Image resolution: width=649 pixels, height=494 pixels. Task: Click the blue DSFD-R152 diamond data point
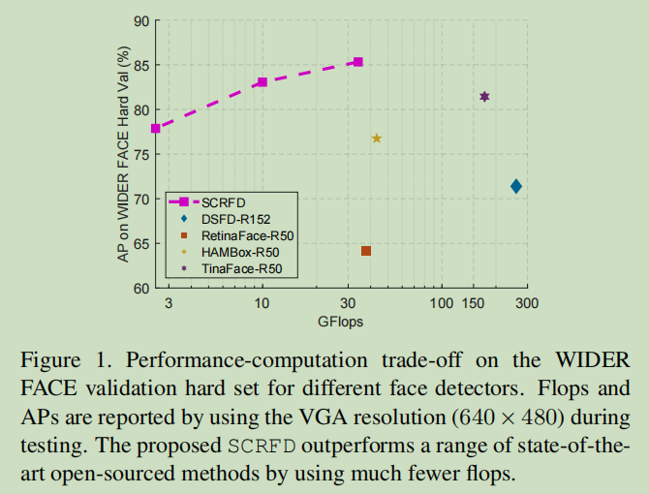pos(516,186)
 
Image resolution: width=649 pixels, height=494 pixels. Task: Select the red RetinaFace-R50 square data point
pos(366,251)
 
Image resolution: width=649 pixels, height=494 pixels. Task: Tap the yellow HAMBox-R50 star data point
pos(377,139)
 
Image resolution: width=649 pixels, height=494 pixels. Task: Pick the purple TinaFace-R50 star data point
pos(484,97)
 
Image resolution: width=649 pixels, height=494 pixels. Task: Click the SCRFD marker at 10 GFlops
pos(262,82)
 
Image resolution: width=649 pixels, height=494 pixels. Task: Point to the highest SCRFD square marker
pos(358,62)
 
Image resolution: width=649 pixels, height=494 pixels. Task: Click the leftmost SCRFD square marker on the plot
pos(155,128)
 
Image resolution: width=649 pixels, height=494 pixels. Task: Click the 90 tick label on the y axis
pos(141,20)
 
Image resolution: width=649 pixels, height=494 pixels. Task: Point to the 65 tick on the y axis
pos(141,244)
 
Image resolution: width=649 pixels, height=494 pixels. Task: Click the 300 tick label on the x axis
pos(526,303)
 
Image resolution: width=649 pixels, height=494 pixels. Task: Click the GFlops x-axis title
pos(340,321)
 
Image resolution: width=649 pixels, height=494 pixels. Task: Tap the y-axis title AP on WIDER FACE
pos(124,155)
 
